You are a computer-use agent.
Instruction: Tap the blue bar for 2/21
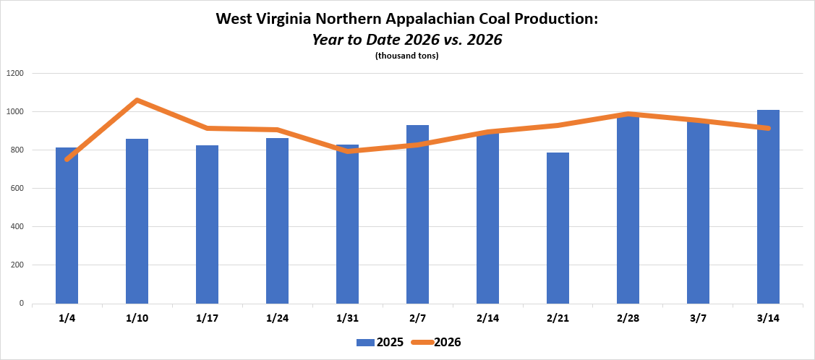tap(558, 228)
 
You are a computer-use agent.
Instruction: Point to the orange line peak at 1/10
tap(137, 100)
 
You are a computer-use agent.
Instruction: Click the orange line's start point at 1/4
tap(67, 159)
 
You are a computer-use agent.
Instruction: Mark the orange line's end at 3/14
tap(768, 129)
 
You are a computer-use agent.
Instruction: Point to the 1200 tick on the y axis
tap(15, 74)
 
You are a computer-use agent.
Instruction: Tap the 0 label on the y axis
tap(22, 304)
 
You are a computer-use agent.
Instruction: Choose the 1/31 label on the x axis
tap(347, 318)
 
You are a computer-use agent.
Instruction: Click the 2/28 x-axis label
tap(628, 318)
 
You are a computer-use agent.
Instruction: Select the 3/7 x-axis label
tap(698, 318)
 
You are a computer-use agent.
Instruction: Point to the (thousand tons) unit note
tap(407, 56)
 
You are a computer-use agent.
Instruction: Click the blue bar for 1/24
tap(277, 220)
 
